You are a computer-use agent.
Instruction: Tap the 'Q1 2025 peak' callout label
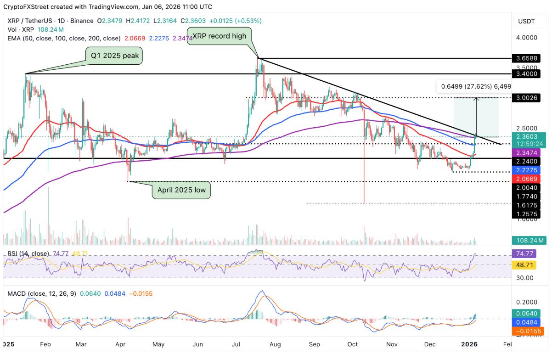pos(114,56)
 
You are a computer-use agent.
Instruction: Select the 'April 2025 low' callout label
pos(181,189)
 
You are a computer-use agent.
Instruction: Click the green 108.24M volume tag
pos(529,240)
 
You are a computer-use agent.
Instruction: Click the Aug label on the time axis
pos(274,343)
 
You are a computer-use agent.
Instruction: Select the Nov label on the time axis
pos(392,343)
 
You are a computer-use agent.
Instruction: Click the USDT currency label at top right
pos(526,21)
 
